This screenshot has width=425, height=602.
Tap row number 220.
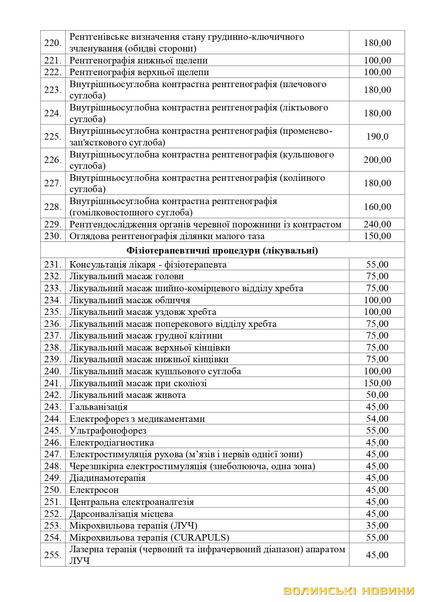pos(53,43)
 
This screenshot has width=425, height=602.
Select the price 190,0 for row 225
pos(377,137)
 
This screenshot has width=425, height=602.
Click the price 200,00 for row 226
pos(377,160)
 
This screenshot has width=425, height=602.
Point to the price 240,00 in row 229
pos(377,224)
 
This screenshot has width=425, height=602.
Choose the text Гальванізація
pos(98,407)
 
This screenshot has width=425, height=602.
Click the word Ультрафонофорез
pos(108,430)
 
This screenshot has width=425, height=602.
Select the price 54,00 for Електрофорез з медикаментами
pos(377,419)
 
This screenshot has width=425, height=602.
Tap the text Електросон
pos(94,490)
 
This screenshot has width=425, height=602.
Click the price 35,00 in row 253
pos(377,526)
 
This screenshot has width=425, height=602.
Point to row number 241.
pos(53,383)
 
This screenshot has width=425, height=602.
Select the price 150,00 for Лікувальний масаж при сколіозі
pos(377,383)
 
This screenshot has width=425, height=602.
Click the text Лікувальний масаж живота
pos(127,395)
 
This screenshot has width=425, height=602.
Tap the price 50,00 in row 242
pos(377,395)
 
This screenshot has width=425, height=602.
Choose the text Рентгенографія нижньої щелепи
pos(138,61)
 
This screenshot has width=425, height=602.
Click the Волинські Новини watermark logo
pos(349,591)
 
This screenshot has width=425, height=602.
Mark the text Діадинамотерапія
pos(107,478)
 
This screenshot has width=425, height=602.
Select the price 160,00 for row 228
pos(377,207)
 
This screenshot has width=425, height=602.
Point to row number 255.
pos(53,555)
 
